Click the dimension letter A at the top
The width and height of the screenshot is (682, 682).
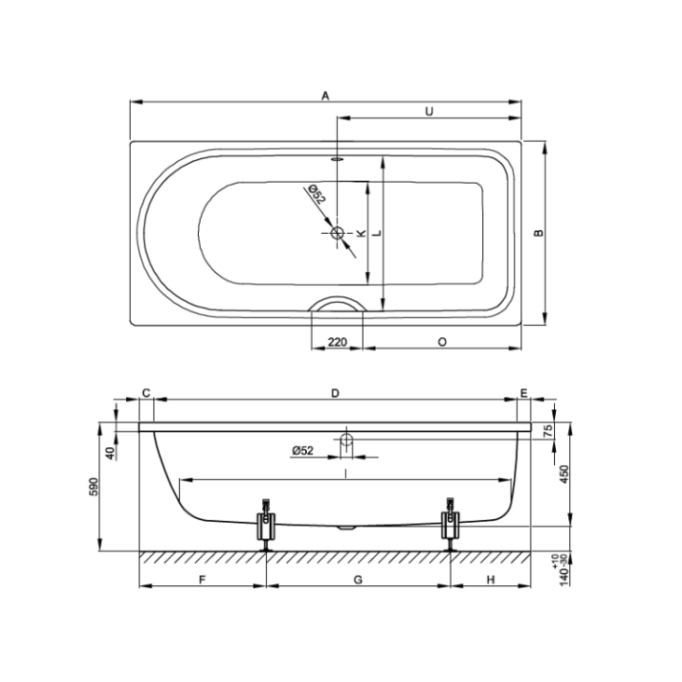pyautogui.click(x=325, y=96)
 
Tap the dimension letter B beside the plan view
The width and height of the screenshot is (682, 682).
pyautogui.click(x=538, y=233)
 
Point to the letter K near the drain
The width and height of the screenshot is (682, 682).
pyautogui.click(x=361, y=233)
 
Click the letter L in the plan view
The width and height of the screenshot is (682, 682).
pyautogui.click(x=376, y=233)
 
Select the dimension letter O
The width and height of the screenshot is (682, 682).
pyautogui.click(x=442, y=341)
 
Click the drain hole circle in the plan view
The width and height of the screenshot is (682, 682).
pyautogui.click(x=338, y=233)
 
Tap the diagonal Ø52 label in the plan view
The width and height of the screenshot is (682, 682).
pyautogui.click(x=315, y=195)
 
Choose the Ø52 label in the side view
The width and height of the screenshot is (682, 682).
pyautogui.click(x=302, y=449)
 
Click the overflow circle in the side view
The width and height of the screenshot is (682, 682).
pyautogui.click(x=346, y=440)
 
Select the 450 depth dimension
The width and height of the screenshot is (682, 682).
pyautogui.click(x=562, y=474)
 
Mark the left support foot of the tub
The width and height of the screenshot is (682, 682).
pyautogui.click(x=266, y=523)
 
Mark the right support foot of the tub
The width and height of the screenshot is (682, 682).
pyautogui.click(x=450, y=523)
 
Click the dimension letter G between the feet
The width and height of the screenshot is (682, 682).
pyautogui.click(x=357, y=579)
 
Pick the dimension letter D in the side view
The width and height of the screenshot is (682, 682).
pyautogui.click(x=334, y=392)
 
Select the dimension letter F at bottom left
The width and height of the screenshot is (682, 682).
pyautogui.click(x=203, y=579)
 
